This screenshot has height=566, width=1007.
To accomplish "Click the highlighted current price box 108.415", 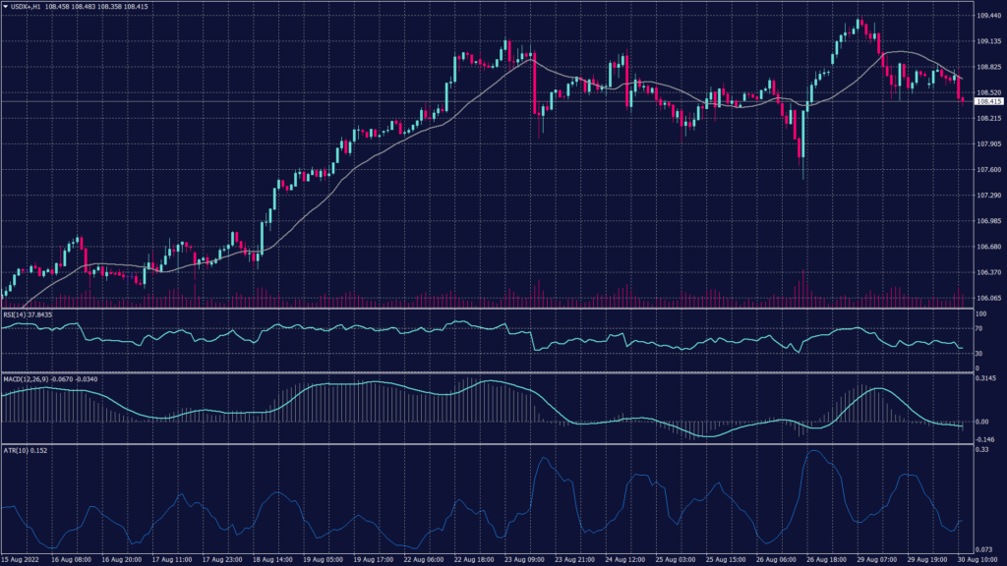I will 987,101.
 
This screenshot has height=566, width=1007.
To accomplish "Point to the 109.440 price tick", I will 988,16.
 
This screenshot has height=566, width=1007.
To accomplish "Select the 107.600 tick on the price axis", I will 988,170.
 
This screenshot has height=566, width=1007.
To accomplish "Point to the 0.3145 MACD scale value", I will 987,378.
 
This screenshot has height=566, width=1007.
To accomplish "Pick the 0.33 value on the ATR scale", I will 981,449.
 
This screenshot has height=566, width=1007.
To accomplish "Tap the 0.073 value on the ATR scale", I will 984,548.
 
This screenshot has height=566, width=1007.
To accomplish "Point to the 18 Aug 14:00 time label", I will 271,558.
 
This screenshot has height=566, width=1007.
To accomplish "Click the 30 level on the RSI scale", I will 979,353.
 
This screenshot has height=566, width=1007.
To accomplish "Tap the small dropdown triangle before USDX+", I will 5,7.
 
